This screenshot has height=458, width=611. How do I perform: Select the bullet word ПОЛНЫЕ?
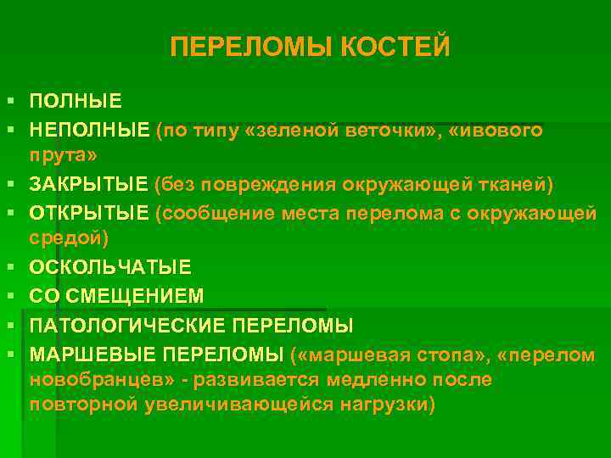click(76, 102)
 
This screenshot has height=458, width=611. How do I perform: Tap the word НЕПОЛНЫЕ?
click(89, 130)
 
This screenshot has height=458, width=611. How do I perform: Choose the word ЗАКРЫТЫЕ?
click(90, 185)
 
